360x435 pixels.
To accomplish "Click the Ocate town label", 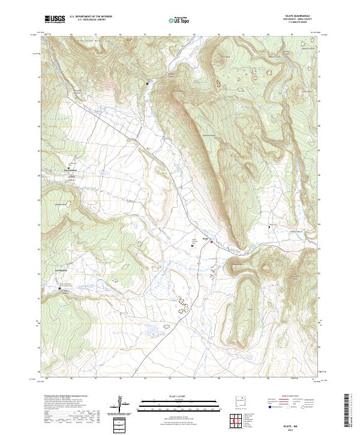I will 205,238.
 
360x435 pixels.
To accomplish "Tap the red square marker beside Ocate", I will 211,242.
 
